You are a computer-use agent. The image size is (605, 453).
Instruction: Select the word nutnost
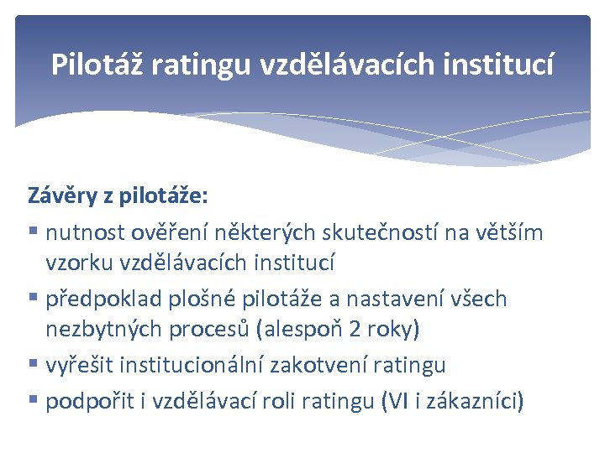(82, 232)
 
